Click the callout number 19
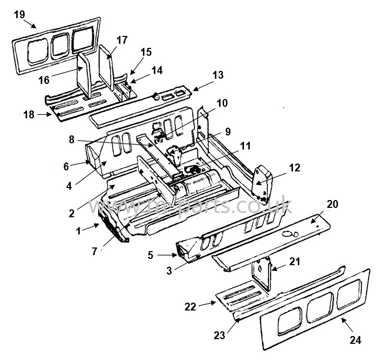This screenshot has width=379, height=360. [x=19, y=15]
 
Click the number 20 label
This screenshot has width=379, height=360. [x=332, y=205]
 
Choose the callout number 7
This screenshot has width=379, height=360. [x=94, y=252]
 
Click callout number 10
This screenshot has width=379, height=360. [x=222, y=103]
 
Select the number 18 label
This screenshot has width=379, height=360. [x=30, y=114]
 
